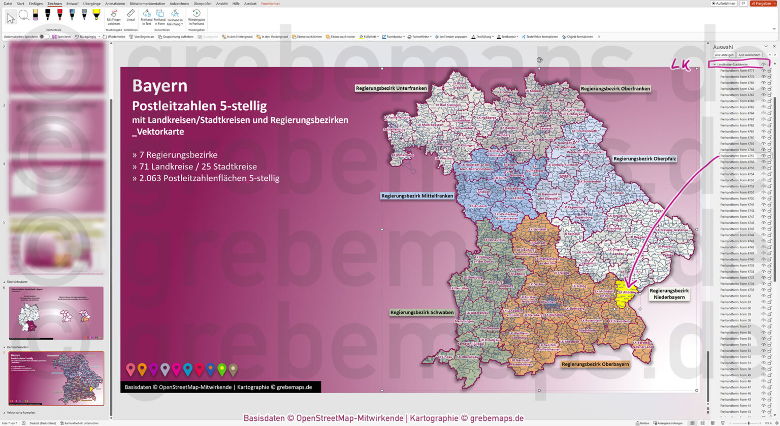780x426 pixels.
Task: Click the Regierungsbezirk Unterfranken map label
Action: coord(391,88)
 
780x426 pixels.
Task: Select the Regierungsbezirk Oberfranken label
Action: coord(615,89)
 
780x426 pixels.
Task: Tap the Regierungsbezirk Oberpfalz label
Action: coord(644,159)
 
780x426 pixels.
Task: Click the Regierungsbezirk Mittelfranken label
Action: coord(417,196)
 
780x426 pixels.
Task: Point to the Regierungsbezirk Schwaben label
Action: coord(421,313)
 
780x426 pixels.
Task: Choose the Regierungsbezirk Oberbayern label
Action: coord(595,364)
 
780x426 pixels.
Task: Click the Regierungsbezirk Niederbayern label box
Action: coord(669,294)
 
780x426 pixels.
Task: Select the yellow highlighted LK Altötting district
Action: coord(626,295)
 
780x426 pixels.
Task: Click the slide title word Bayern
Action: coord(159,86)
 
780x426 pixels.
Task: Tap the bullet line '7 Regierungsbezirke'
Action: coord(175,155)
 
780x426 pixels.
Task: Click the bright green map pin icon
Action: coord(221,369)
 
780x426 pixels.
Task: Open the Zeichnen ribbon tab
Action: coord(54,4)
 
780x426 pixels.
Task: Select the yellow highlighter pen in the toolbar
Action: coord(96,15)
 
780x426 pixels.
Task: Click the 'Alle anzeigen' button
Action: coord(724,55)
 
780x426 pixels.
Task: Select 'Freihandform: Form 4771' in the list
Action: coord(737,71)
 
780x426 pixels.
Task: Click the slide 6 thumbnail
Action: coord(56,313)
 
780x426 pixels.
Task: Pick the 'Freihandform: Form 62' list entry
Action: coord(735,296)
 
